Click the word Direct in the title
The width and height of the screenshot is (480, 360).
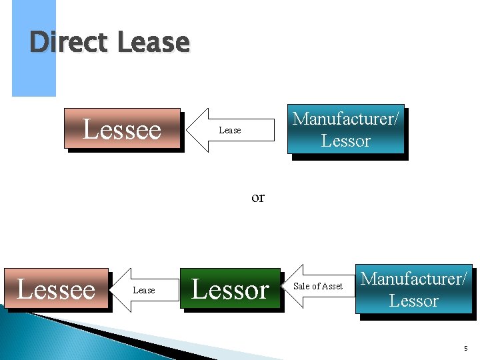point(69,43)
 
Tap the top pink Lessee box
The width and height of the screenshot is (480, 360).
point(122,128)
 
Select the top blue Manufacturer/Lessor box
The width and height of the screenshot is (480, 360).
point(345,129)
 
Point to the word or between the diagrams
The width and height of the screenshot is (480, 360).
point(258,197)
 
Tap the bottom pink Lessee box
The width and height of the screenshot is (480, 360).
point(56,289)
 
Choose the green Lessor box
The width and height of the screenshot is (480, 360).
point(230,289)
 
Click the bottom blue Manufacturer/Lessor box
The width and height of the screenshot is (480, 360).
point(413,289)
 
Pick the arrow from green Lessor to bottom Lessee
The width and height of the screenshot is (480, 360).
point(143,290)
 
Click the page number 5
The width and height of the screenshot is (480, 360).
point(465,348)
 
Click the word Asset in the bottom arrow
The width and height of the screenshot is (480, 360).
point(331,286)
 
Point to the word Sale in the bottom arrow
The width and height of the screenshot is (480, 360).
point(301,286)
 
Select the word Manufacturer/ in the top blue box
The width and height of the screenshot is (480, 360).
point(345,119)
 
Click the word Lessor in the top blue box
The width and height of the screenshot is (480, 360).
point(345,141)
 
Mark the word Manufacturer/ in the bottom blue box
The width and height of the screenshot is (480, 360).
point(414,278)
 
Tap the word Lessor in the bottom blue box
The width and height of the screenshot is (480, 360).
point(413,301)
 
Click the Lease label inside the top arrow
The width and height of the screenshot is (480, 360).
point(230,130)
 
